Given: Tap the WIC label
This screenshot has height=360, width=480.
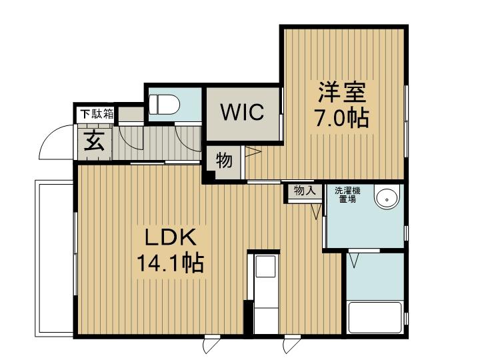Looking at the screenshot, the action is pyautogui.click(x=242, y=113).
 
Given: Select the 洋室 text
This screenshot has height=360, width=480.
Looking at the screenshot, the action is pyautogui.click(x=342, y=92).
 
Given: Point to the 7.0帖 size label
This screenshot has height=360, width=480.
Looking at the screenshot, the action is pyautogui.click(x=342, y=118).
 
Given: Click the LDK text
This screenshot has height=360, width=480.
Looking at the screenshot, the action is pyautogui.click(x=170, y=237).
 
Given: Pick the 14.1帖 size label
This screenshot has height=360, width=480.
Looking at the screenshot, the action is pyautogui.click(x=170, y=263).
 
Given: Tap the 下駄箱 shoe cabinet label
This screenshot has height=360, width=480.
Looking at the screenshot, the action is pyautogui.click(x=97, y=114).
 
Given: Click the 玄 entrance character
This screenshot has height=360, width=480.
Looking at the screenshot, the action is pyautogui.click(x=94, y=141).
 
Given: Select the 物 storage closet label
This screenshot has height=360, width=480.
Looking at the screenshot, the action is pyautogui.click(x=224, y=161).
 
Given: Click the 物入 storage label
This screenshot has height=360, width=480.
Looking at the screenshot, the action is pyautogui.click(x=304, y=191).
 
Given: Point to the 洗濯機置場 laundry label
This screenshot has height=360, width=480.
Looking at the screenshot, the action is pyautogui.click(x=347, y=195).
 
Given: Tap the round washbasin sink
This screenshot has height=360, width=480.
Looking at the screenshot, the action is pyautogui.click(x=387, y=197).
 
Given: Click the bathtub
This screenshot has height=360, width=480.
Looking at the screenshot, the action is pyautogui.click(x=375, y=317).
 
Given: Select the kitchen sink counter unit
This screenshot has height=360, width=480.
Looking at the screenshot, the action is pyautogui.click(x=266, y=294).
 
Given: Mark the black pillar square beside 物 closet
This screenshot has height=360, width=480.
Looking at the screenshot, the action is pyautogui.click(x=210, y=176).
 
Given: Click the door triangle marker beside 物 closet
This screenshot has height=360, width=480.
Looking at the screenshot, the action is pyautogui.click(x=253, y=151).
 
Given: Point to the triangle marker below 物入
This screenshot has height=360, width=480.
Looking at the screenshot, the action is pyautogui.click(x=316, y=211).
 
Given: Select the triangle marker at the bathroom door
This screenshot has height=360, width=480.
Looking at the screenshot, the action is pyautogui.click(x=354, y=260).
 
